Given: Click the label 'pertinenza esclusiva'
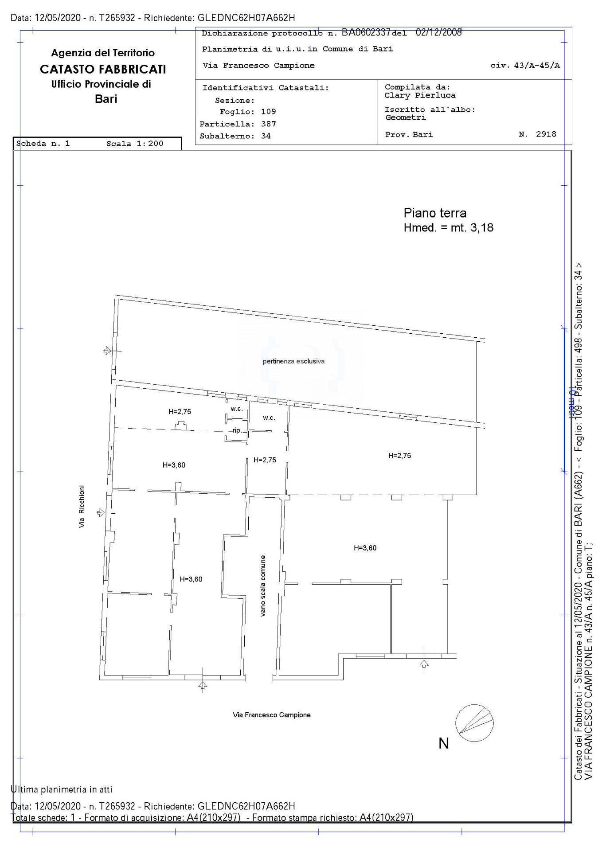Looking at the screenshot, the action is click(293, 361).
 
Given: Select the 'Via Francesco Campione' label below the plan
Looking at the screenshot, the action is click(272, 714).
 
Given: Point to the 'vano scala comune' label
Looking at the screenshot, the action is click(263, 586).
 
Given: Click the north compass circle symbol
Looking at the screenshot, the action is click(475, 722).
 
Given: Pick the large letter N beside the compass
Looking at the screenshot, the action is click(444, 743).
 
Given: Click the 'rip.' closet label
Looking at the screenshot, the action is click(237, 430).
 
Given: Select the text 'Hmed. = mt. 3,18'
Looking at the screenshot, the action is click(449, 228).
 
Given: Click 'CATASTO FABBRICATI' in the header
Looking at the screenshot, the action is click(103, 69).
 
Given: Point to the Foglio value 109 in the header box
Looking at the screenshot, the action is click(268, 112).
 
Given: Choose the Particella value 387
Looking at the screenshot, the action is click(268, 124).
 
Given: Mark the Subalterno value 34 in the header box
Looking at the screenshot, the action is click(266, 136).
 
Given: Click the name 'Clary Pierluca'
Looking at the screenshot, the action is click(420, 95).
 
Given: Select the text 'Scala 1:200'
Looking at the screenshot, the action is click(135, 144).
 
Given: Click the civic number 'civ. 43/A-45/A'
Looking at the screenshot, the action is click(525, 66).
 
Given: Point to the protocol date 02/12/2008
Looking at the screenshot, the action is click(439, 32).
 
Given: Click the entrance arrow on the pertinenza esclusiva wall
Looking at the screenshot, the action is click(111, 351).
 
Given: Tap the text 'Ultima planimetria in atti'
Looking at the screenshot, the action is click(61, 789).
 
